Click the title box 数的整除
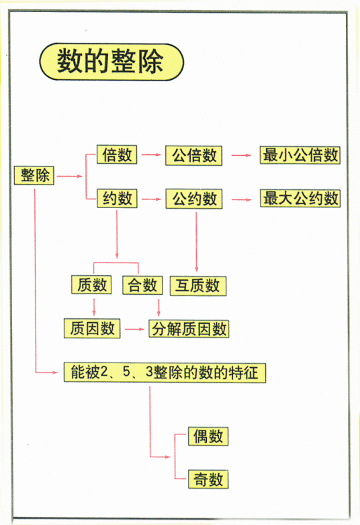(x=110, y=62)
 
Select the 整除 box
(x=34, y=177)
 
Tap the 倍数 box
(x=116, y=155)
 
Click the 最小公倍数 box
(x=300, y=155)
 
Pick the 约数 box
(x=116, y=198)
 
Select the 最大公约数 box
(x=300, y=198)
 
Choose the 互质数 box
(x=198, y=285)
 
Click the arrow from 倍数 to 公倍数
(x=151, y=155)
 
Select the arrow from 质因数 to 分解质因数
(x=134, y=328)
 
